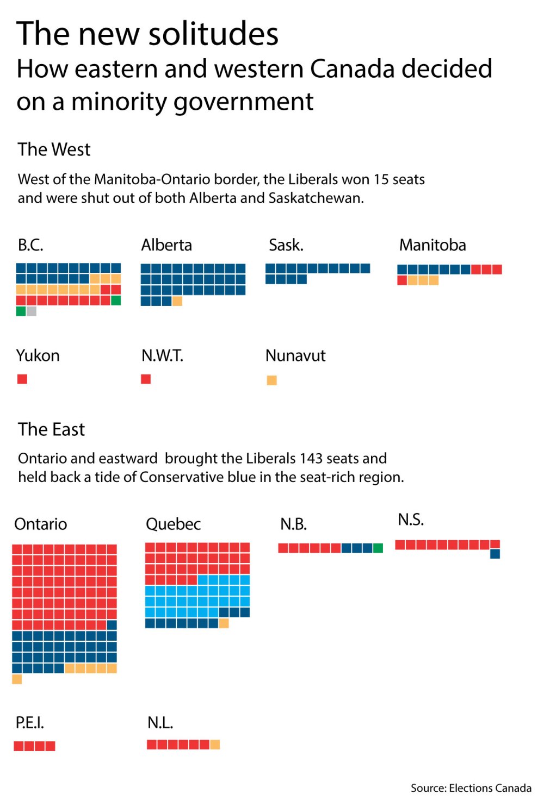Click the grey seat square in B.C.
click(32, 311)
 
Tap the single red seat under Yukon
click(22, 379)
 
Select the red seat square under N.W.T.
click(146, 379)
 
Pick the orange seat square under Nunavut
click(271, 380)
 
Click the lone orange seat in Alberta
click(177, 301)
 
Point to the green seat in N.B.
click(378, 548)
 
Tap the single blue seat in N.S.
click(495, 554)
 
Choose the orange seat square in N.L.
click(215, 745)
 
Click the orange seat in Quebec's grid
click(224, 623)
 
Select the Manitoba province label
click(432, 245)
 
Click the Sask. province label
click(286, 245)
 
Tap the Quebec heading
click(173, 524)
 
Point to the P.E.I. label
click(30, 723)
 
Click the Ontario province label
click(41, 524)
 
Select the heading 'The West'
click(54, 149)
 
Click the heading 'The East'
click(51, 429)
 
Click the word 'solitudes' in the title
click(213, 34)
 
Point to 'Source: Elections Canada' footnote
click(471, 788)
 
